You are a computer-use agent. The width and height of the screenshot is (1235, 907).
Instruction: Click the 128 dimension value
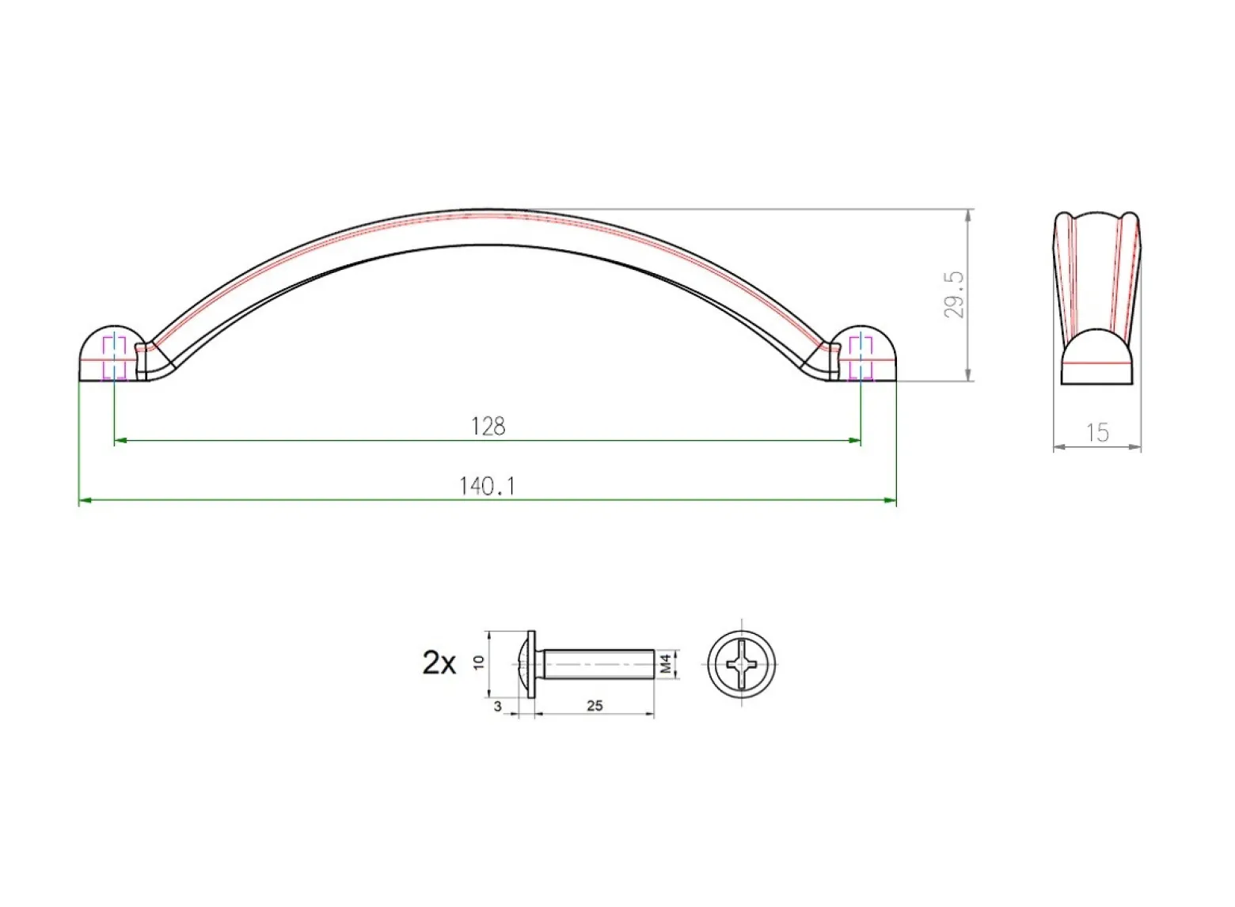[488, 427]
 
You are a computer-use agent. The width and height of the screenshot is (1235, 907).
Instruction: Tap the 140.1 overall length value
[487, 487]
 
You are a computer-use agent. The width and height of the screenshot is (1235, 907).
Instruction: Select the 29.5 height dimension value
[955, 294]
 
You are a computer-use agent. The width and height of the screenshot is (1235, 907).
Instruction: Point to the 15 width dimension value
[1097, 433]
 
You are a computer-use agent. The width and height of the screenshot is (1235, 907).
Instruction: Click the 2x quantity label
[439, 663]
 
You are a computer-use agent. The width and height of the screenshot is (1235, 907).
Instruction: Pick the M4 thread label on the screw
[666, 663]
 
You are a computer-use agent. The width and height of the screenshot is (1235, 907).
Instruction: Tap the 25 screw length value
[595, 706]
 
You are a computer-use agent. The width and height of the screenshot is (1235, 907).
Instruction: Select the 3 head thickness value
[498, 707]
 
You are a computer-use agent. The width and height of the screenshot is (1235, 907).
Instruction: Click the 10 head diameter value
[478, 662]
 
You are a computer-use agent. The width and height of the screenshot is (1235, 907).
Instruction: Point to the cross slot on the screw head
[742, 665]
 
